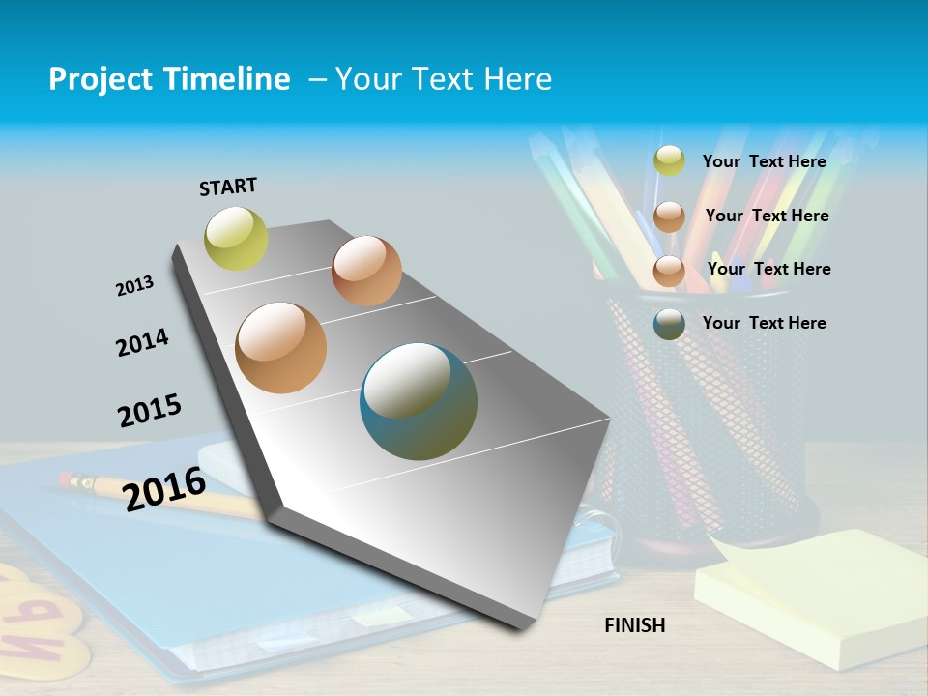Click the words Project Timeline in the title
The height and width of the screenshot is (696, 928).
[169, 79]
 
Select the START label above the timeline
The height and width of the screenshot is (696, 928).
[228, 187]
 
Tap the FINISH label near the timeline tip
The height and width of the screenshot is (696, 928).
[635, 625]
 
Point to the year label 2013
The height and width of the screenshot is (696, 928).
[134, 286]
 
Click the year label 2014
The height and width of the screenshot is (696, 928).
[142, 342]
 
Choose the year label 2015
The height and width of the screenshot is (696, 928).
[150, 410]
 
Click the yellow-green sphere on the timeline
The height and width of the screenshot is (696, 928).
[236, 238]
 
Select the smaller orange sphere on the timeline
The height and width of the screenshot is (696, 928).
[366, 271]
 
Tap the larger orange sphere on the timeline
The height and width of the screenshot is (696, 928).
[281, 348]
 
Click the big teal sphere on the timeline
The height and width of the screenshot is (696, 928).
[419, 401]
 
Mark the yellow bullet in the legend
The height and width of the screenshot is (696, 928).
[669, 160]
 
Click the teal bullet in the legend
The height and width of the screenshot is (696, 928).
[669, 324]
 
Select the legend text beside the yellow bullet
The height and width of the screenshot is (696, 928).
[764, 161]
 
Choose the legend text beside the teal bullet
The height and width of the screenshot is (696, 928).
[764, 323]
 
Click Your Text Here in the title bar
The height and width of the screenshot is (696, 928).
[444, 79]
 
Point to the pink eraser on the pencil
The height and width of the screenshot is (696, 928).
[67, 478]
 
